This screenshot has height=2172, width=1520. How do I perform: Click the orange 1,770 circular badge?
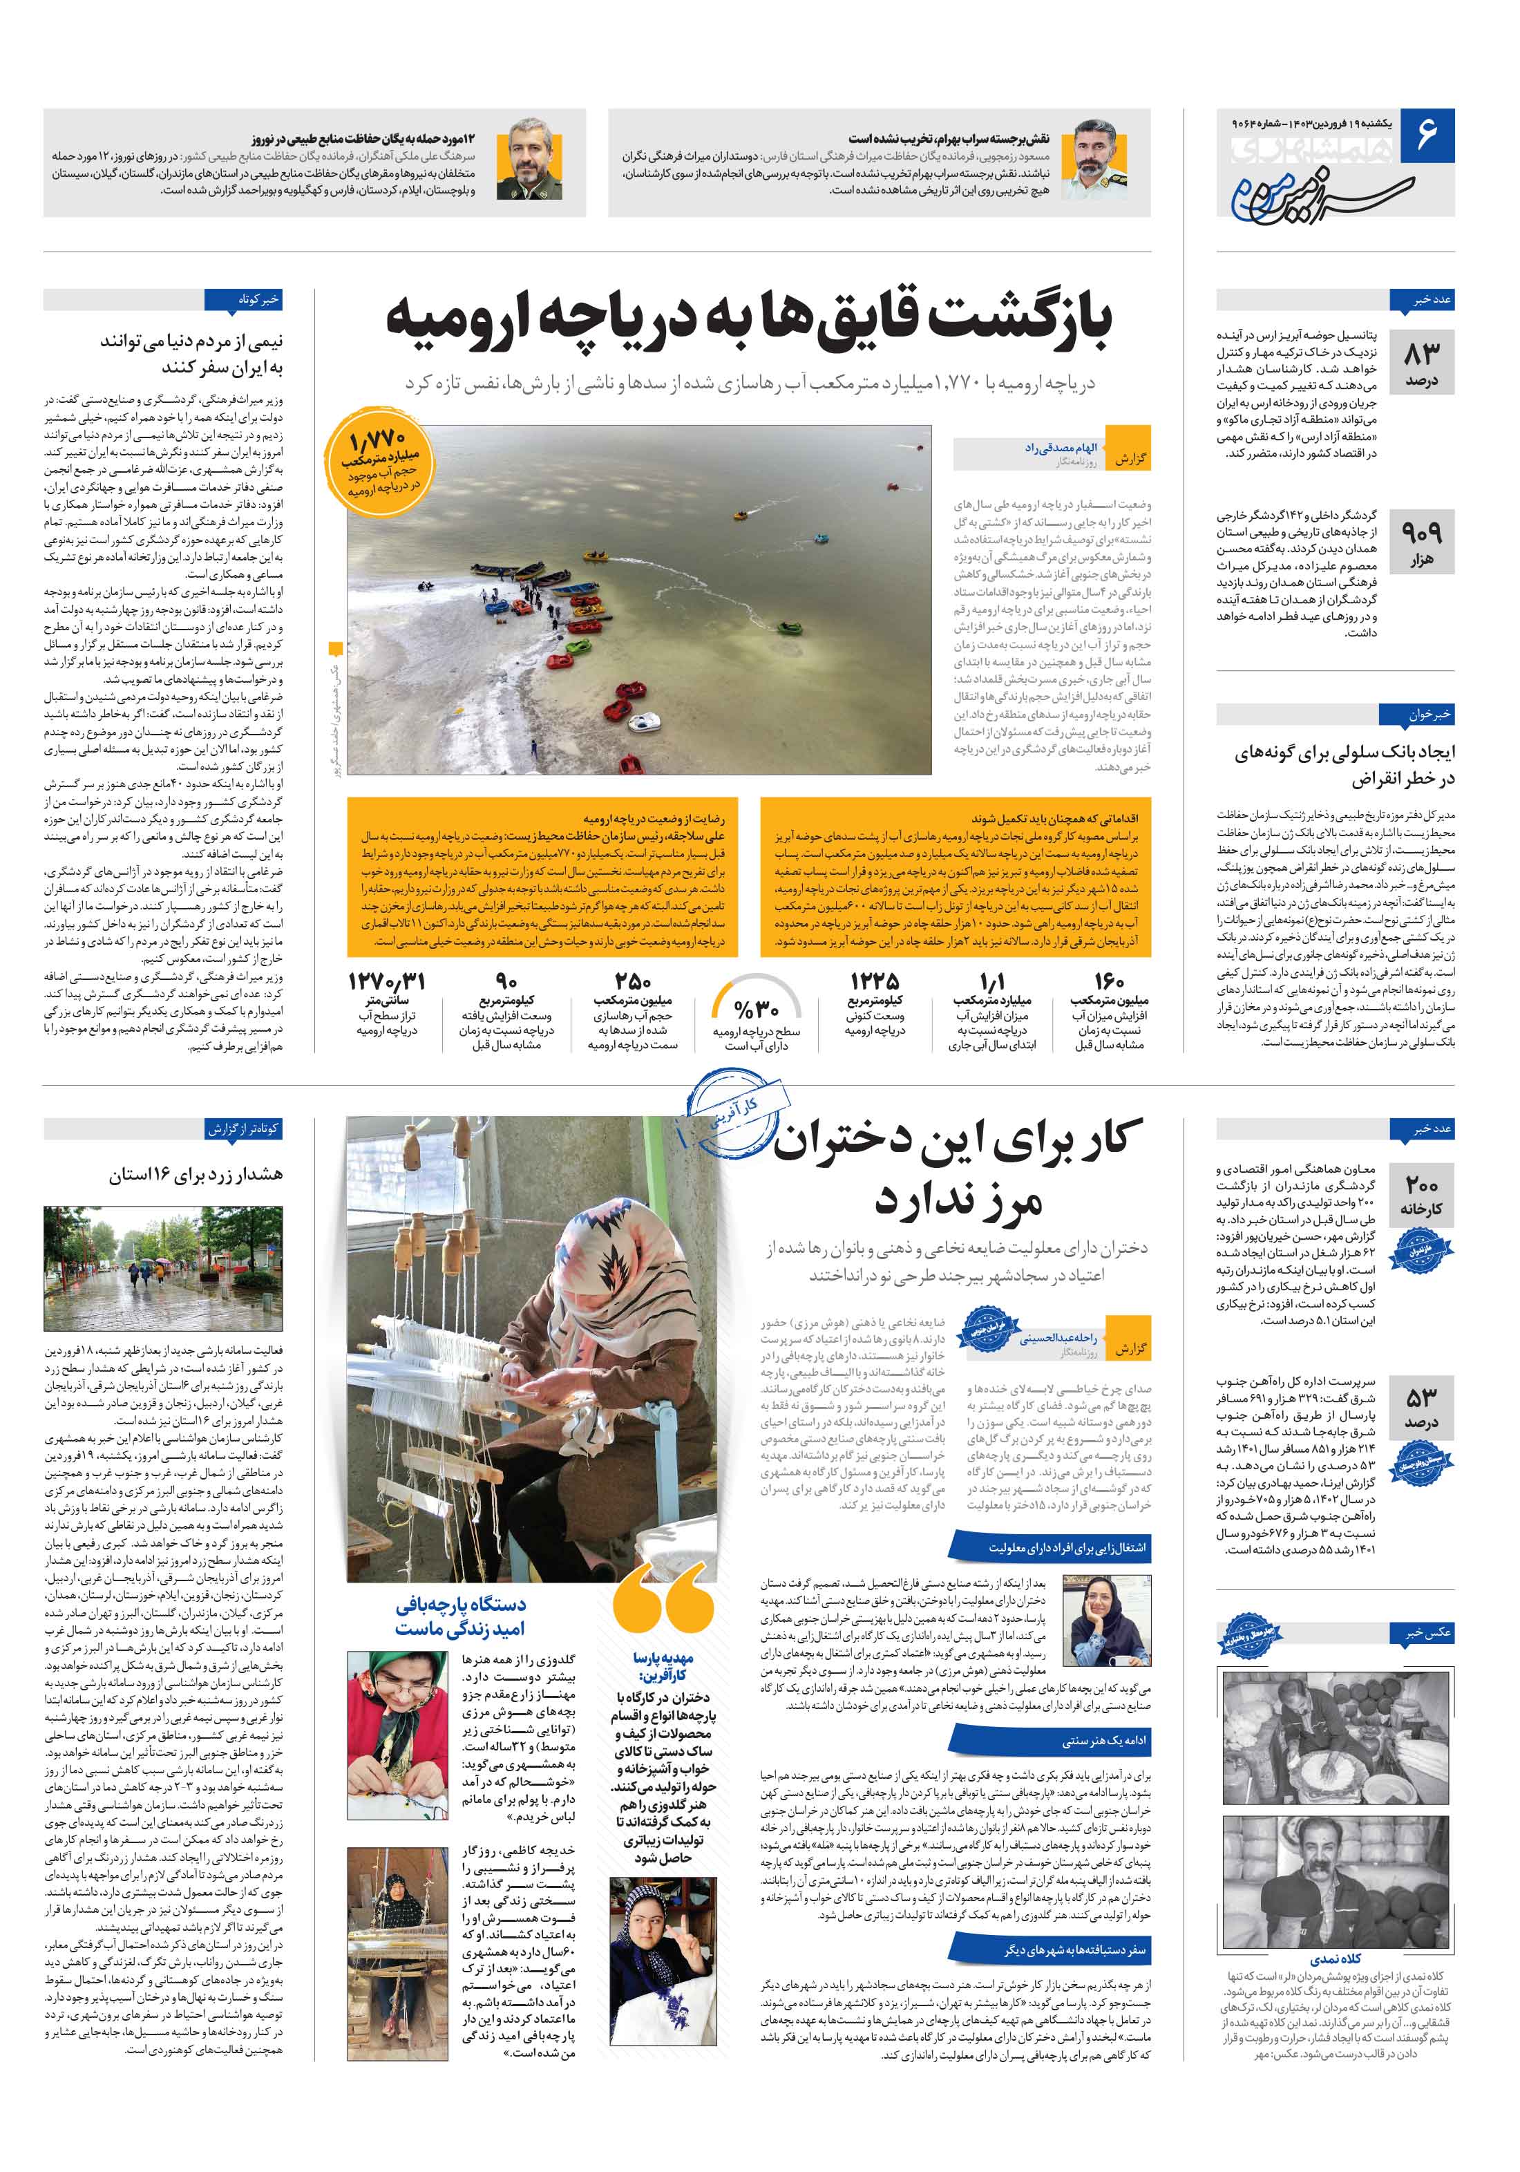click(377, 462)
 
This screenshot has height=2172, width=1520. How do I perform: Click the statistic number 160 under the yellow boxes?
click(1108, 982)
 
